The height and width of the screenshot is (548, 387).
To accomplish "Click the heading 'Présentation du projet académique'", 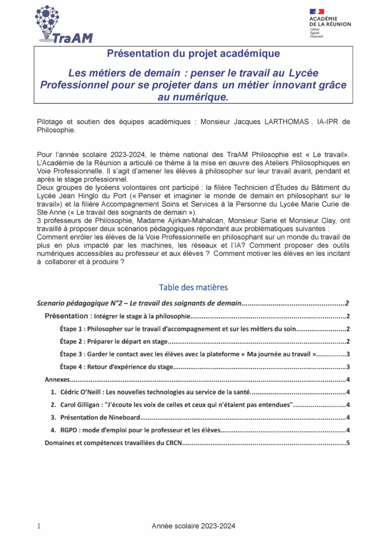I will click(x=193, y=54).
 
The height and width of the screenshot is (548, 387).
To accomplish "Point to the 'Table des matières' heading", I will click(x=193, y=287).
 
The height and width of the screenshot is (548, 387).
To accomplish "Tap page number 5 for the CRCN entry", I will click(x=347, y=443).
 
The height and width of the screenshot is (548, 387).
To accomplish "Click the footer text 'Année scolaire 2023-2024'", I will click(x=193, y=527).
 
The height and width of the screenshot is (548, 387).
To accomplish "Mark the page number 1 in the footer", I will click(x=39, y=527).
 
